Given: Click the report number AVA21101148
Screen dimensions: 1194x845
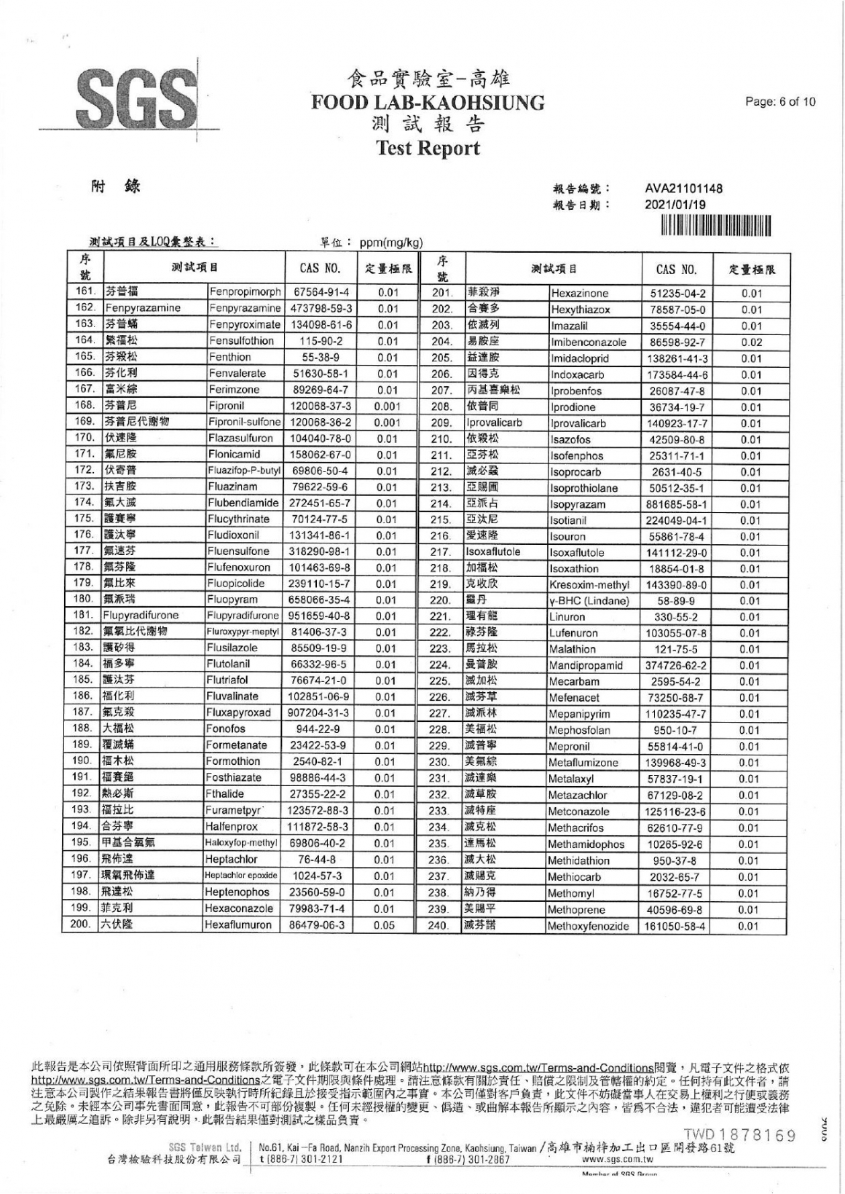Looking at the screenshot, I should (x=683, y=189).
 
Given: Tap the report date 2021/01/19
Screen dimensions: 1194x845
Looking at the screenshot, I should (x=675, y=205).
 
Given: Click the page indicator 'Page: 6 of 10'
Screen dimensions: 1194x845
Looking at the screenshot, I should (x=780, y=101).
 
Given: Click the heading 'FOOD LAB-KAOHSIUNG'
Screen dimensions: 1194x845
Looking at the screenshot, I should (x=428, y=103).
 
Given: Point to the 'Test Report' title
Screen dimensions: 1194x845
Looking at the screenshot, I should (x=428, y=149).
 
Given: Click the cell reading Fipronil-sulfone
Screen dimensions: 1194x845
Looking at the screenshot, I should (x=245, y=422).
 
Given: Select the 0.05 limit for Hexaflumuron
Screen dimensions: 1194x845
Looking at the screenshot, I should (x=388, y=925).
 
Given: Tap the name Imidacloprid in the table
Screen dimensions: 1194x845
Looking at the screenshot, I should (x=580, y=358).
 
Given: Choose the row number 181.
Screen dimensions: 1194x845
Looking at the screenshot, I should (x=85, y=616).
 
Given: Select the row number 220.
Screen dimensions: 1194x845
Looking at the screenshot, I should (x=440, y=601).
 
